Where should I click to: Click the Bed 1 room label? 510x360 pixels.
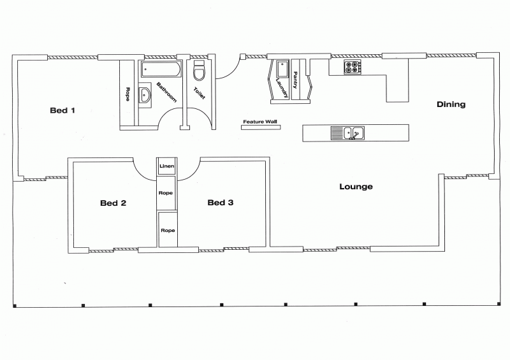62,110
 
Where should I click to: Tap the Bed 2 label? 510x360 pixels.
113,203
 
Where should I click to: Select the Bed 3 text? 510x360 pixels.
220,203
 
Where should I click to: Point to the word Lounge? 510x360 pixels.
356,187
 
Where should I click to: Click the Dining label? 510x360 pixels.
451,104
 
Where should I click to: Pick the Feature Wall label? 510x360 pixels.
260,122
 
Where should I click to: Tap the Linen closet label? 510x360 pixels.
167,166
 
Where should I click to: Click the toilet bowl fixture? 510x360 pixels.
199,70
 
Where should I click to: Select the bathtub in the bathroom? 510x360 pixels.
161,69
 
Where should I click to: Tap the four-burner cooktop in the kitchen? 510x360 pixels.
353,67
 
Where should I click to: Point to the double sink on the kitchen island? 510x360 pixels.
347,133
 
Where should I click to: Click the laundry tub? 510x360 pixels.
282,69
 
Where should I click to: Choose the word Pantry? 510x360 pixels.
295,80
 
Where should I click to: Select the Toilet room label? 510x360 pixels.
199,93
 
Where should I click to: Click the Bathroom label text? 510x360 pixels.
166,92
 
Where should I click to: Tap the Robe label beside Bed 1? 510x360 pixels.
128,94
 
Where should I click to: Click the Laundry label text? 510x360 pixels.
282,88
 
